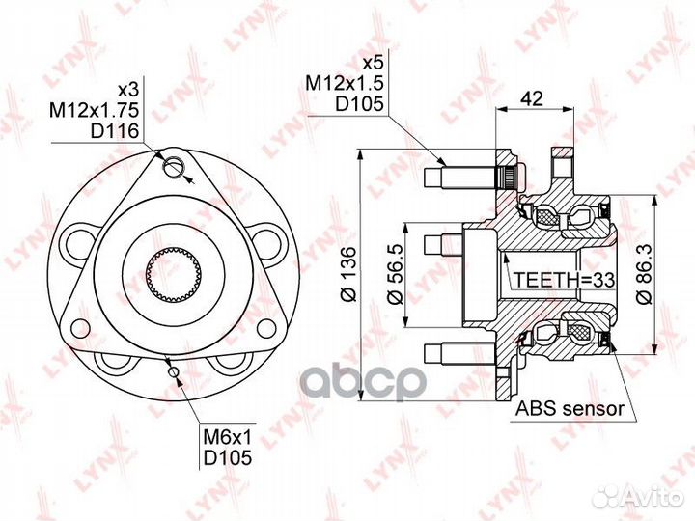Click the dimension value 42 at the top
530,97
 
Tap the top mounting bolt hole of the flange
174,166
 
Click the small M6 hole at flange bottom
173,371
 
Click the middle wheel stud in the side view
444,239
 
